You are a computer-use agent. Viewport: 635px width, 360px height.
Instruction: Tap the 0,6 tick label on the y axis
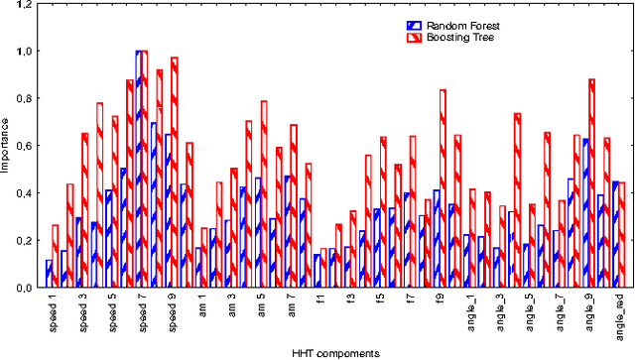(x=23, y=146)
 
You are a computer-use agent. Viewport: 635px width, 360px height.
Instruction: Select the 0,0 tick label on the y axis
(x=23, y=288)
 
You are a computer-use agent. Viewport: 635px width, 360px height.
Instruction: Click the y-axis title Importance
(x=7, y=147)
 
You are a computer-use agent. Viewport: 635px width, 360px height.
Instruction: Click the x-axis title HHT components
(x=333, y=352)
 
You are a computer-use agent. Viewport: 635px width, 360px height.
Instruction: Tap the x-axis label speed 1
(x=52, y=311)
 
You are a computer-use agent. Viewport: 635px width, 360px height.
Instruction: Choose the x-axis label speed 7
(x=141, y=311)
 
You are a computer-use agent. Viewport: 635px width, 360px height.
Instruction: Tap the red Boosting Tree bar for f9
(x=443, y=188)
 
